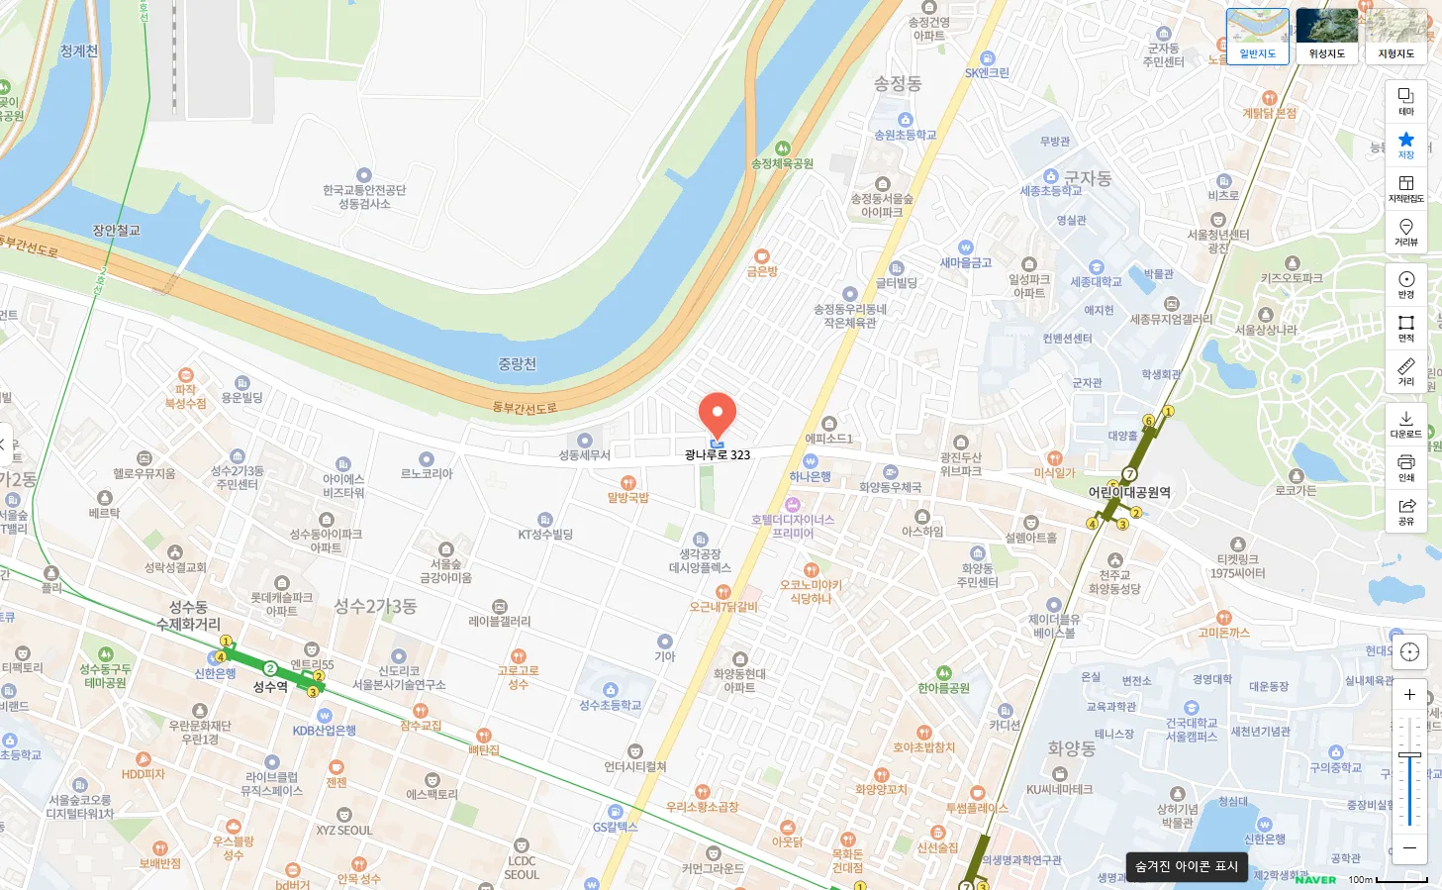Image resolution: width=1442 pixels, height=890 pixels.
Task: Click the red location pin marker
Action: coord(718,414)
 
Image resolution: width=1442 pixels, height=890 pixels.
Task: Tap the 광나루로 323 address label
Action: coord(718,455)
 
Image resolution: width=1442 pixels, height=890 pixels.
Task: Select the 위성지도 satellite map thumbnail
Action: coord(1326,36)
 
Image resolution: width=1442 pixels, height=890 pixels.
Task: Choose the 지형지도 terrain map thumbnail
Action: coord(1395,36)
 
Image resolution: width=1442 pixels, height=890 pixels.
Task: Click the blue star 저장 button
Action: coord(1405,145)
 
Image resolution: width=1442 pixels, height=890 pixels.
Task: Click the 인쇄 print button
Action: coord(1405,467)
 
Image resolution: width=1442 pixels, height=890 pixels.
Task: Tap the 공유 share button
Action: coord(1405,511)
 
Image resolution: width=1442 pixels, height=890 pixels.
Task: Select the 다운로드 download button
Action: coord(1405,424)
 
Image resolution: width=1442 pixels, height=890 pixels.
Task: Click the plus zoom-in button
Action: coord(1409,694)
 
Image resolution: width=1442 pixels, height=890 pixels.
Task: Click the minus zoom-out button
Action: coord(1409,848)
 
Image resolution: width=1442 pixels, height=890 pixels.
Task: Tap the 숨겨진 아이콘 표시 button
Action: coord(1187,866)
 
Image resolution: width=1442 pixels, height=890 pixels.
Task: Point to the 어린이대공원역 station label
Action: coord(1129,492)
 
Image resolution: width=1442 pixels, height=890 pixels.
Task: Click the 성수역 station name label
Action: coord(270,687)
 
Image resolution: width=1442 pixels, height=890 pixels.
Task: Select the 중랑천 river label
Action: coord(517,364)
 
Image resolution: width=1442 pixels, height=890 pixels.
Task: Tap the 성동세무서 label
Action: coord(584,455)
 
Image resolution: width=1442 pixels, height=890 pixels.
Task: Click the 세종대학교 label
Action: coord(1096,282)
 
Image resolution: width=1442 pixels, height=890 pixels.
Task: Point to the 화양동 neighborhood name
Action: coord(1071,748)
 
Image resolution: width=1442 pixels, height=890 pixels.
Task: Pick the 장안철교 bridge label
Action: coord(116,231)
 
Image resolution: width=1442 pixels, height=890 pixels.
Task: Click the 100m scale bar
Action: coord(1400,880)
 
